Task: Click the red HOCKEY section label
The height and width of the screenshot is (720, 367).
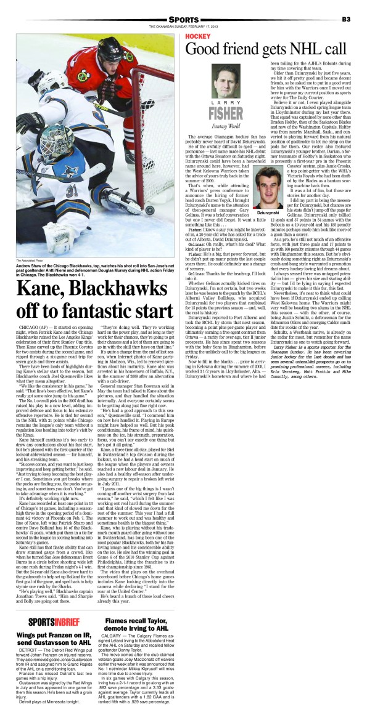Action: point(198,37)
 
